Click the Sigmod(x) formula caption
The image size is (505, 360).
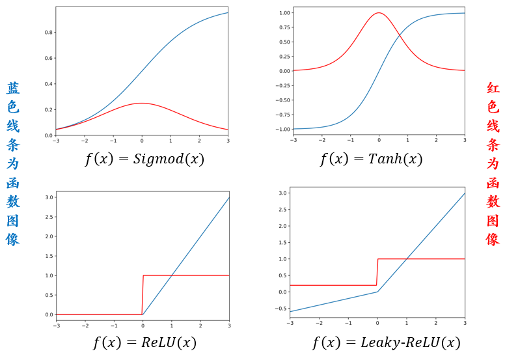(x=144, y=159)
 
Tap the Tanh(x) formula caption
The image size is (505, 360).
(x=371, y=159)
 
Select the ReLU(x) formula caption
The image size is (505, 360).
(x=144, y=342)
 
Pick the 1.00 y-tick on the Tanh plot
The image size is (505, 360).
(x=284, y=12)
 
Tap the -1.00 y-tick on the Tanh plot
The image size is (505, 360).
(x=282, y=129)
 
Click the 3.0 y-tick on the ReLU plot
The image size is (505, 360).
(x=48, y=197)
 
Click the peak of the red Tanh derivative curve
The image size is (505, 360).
(x=379, y=12)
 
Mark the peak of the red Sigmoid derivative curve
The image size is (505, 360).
(x=142, y=103)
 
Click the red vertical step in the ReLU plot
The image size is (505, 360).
(x=142, y=294)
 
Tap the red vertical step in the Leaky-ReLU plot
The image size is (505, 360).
(x=377, y=271)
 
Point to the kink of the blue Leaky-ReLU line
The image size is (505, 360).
(x=377, y=292)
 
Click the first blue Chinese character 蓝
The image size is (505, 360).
(x=13, y=89)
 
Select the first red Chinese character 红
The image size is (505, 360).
(x=493, y=89)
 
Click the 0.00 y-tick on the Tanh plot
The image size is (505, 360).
(x=284, y=70)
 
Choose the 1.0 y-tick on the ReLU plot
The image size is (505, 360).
(x=48, y=275)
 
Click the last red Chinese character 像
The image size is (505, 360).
(x=493, y=239)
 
